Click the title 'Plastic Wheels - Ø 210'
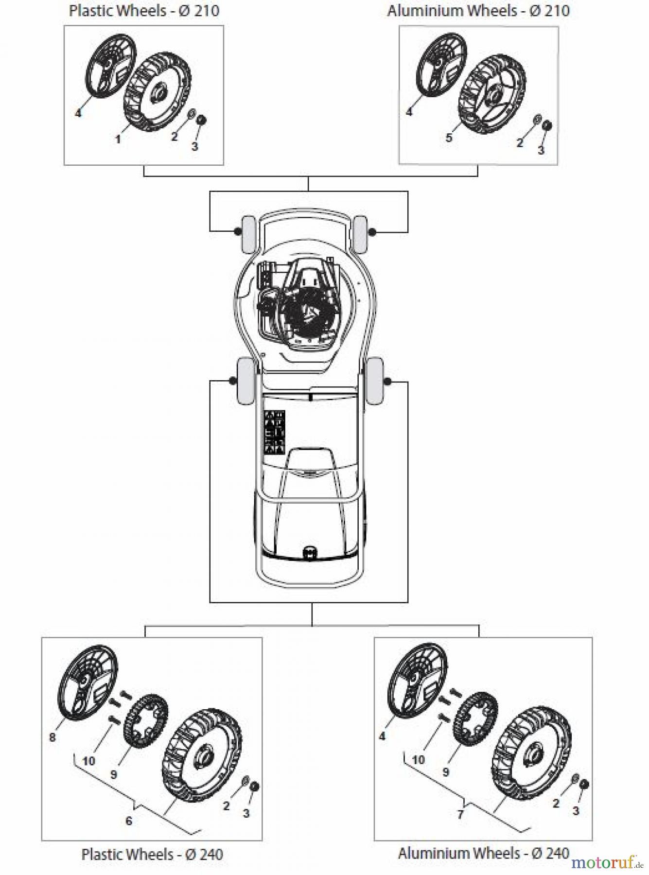coord(144,11)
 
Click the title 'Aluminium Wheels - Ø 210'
coord(478,11)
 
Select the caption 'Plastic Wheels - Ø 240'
coord(152,854)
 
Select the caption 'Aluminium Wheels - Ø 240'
coord(483,853)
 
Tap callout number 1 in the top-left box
coord(118,139)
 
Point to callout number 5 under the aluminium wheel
coord(449,138)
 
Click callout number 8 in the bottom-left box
coord(53,737)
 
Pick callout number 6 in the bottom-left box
coord(129,821)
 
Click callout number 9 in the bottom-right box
coord(446,771)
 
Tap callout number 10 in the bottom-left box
coord(88,761)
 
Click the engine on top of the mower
coord(299,306)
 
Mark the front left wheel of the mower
coord(248,234)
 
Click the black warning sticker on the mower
coord(274,432)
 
